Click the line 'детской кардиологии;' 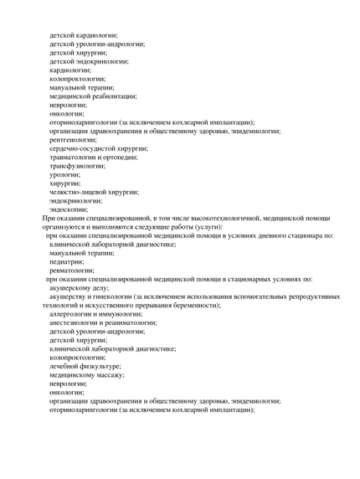point(83,35)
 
